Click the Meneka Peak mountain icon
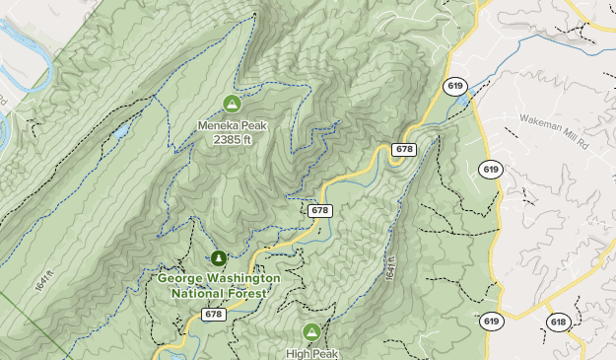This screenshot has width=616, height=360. [233, 103]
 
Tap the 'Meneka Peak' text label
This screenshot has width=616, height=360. [233, 125]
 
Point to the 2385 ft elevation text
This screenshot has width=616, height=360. [233, 140]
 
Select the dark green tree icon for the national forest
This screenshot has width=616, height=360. [218, 258]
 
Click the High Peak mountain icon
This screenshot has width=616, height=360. [312, 331]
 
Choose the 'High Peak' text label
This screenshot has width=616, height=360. [312, 353]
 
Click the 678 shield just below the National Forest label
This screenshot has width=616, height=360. [216, 314]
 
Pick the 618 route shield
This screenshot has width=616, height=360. [558, 322]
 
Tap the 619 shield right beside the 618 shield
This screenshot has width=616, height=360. [491, 321]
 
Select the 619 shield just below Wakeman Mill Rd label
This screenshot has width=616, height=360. [491, 170]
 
